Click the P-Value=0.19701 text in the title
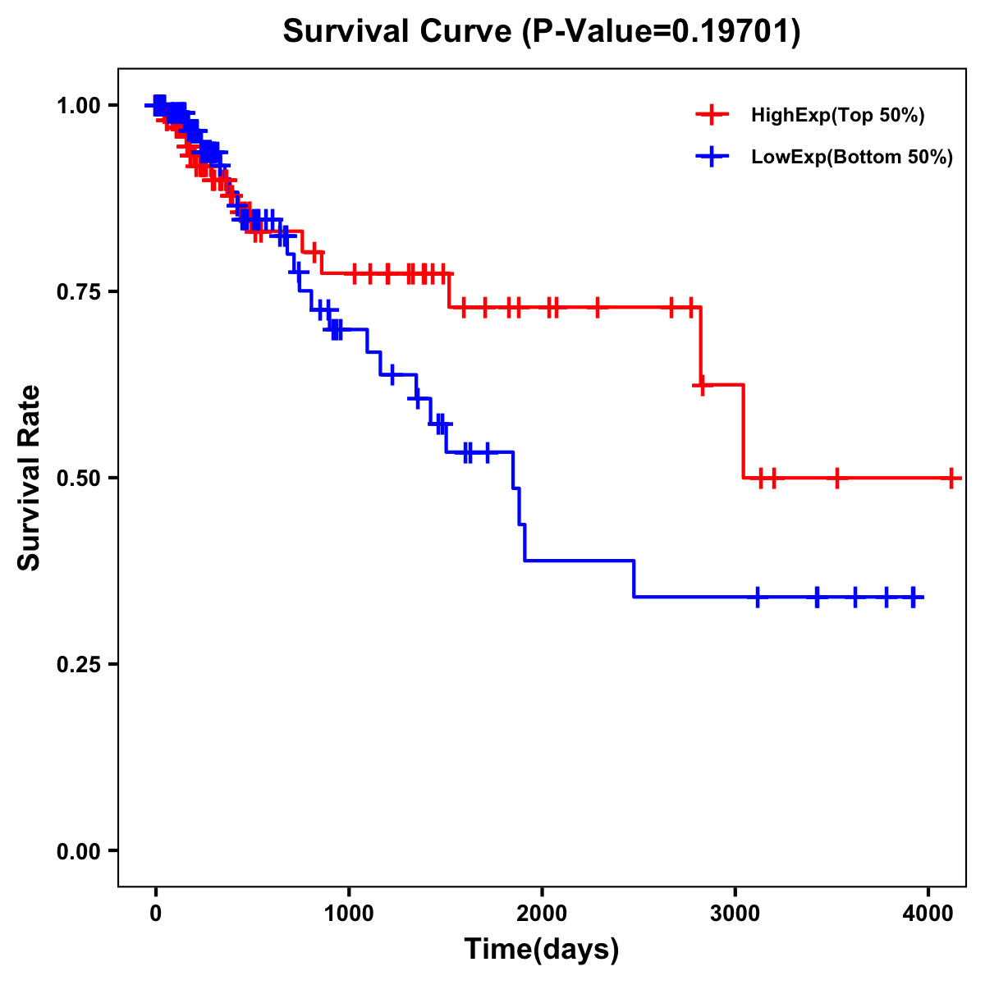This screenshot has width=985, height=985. pyautogui.click(x=661, y=32)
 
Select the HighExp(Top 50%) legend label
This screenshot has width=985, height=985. pyautogui.click(x=837, y=116)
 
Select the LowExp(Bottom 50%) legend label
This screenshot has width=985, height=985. pyautogui.click(x=852, y=158)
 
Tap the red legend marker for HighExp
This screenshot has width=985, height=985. pyautogui.click(x=712, y=115)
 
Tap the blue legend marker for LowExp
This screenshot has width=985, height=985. pyautogui.click(x=712, y=157)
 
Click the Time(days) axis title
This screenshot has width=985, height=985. pyautogui.click(x=542, y=950)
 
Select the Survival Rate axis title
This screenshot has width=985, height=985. pyautogui.click(x=30, y=478)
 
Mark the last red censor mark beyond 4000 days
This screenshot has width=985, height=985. pyautogui.click(x=951, y=478)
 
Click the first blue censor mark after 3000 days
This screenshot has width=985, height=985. pyautogui.click(x=757, y=597)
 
